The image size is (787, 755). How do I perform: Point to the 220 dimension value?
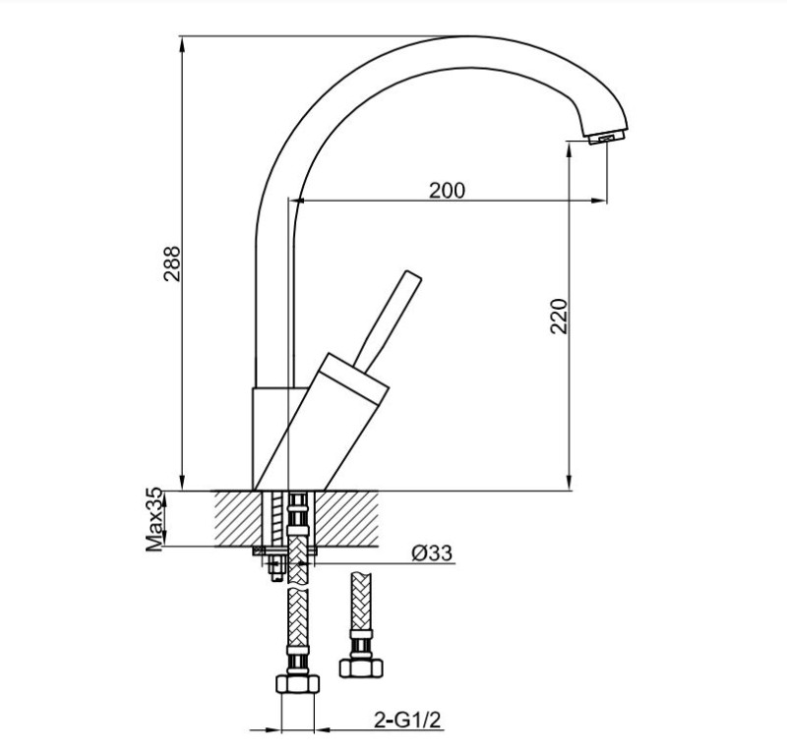(x=559, y=316)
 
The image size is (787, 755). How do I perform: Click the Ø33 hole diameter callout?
(x=432, y=554)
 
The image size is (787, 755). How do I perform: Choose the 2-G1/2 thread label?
(x=405, y=721)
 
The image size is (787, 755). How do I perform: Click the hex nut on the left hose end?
(x=297, y=685)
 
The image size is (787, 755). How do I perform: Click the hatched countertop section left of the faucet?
(x=235, y=518)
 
